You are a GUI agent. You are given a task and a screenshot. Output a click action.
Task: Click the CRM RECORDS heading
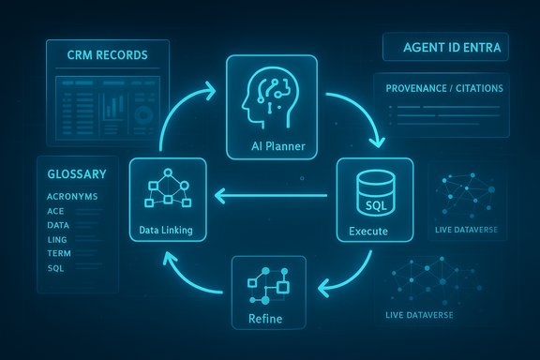point(107,55)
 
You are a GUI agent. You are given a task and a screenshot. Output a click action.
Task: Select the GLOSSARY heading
point(76,173)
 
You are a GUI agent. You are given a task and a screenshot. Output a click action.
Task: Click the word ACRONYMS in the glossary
point(72,197)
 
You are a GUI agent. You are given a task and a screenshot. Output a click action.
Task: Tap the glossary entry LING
point(57,240)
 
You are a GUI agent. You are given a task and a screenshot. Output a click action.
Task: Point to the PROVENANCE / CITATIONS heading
point(444,88)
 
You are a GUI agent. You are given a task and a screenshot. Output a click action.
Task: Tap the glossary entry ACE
point(55,212)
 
